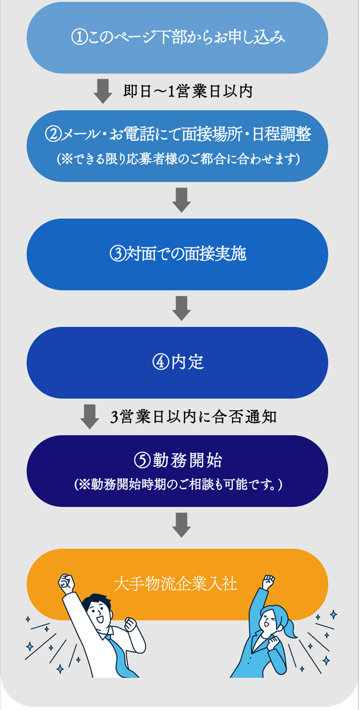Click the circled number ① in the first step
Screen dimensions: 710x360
coord(78,38)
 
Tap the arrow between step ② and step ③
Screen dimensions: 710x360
coord(181,200)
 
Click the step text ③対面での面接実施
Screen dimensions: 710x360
coord(178,254)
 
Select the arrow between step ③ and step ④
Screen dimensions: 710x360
coord(181,308)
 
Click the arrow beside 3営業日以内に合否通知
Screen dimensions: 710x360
coord(90,416)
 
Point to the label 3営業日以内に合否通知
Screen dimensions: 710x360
coord(193,417)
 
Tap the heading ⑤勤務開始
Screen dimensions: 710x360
coord(178,461)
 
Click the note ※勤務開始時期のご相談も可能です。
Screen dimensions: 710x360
coord(178,484)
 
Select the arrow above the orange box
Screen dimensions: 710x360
coord(181,524)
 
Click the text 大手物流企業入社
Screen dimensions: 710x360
coord(176,584)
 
